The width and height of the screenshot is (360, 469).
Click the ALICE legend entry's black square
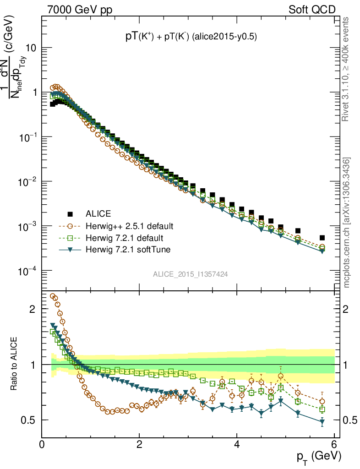[70, 214]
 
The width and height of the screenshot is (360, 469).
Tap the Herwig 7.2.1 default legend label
[125, 238]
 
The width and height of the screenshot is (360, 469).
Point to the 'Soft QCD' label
[311, 9]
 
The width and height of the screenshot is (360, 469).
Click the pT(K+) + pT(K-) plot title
[191, 38]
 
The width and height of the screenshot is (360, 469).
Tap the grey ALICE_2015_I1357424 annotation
[191, 274]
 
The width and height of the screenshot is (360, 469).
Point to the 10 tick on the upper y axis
[30, 48]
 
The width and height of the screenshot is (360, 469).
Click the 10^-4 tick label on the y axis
[27, 271]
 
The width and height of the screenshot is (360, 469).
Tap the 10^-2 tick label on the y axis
[27, 182]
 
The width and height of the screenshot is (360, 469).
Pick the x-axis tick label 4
[237, 443]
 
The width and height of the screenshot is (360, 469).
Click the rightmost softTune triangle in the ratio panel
[322, 421]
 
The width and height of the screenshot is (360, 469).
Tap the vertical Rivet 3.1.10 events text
[346, 69]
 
